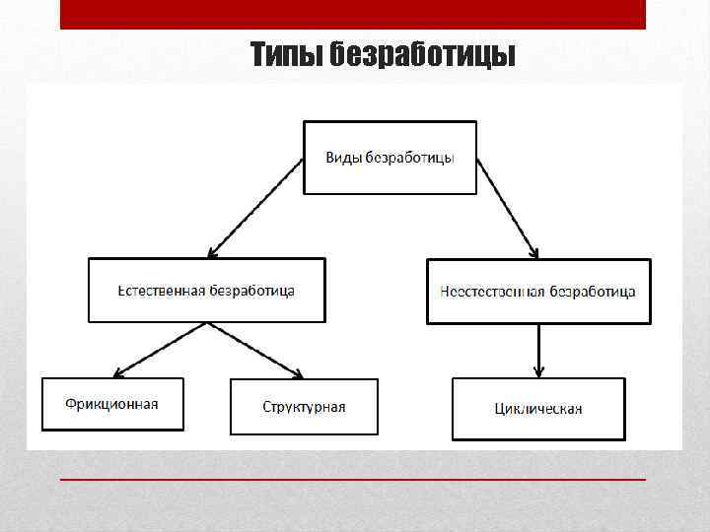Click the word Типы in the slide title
pos(285,54)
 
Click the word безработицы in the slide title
pos(424,54)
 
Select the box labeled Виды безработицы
pos(390,158)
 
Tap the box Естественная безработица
pos(206,291)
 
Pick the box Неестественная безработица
pos(538,292)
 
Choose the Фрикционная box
pos(111,404)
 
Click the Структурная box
pos(304,407)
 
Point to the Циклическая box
pos(538,408)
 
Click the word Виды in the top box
pos(343,158)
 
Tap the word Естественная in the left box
pos(162,291)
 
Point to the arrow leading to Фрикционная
pos(160,351)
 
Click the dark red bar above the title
pos(353,14)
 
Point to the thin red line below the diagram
pos(353,479)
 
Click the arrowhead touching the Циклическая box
pos(538,371)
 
